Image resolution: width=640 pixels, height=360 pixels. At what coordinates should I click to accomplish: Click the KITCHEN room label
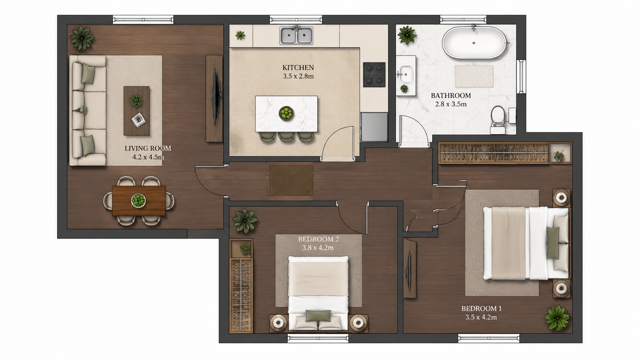pos(298,68)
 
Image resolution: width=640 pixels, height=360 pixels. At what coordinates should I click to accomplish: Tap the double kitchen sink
pos(296,36)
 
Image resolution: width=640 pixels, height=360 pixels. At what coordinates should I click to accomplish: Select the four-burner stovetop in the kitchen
pos(374,75)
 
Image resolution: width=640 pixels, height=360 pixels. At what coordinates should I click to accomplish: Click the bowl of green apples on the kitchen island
pos(286,113)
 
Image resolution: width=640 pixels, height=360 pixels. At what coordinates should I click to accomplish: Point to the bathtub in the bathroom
pos(474,42)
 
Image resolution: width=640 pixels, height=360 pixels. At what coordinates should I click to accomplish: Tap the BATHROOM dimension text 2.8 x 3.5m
pos(451,104)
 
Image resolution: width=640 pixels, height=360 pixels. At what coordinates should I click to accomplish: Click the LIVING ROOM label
pos(148,148)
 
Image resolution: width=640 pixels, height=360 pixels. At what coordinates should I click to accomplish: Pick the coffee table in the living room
pos(137,111)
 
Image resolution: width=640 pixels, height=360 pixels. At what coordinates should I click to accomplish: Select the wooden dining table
pos(139,201)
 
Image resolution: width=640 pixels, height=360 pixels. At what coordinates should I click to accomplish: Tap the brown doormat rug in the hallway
pos(291,181)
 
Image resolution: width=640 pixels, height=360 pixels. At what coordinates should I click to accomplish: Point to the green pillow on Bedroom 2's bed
pos(318,316)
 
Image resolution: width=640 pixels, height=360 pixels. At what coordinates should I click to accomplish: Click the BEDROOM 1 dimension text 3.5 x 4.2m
pos(481,317)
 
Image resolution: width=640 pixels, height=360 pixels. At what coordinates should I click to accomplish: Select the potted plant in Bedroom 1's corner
pos(557,318)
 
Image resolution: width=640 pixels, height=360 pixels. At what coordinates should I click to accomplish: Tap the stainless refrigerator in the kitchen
pos(374,127)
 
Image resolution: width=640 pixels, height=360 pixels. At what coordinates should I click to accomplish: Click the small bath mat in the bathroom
pos(474,76)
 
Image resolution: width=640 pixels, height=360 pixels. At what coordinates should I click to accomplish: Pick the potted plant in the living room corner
pos(82,39)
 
